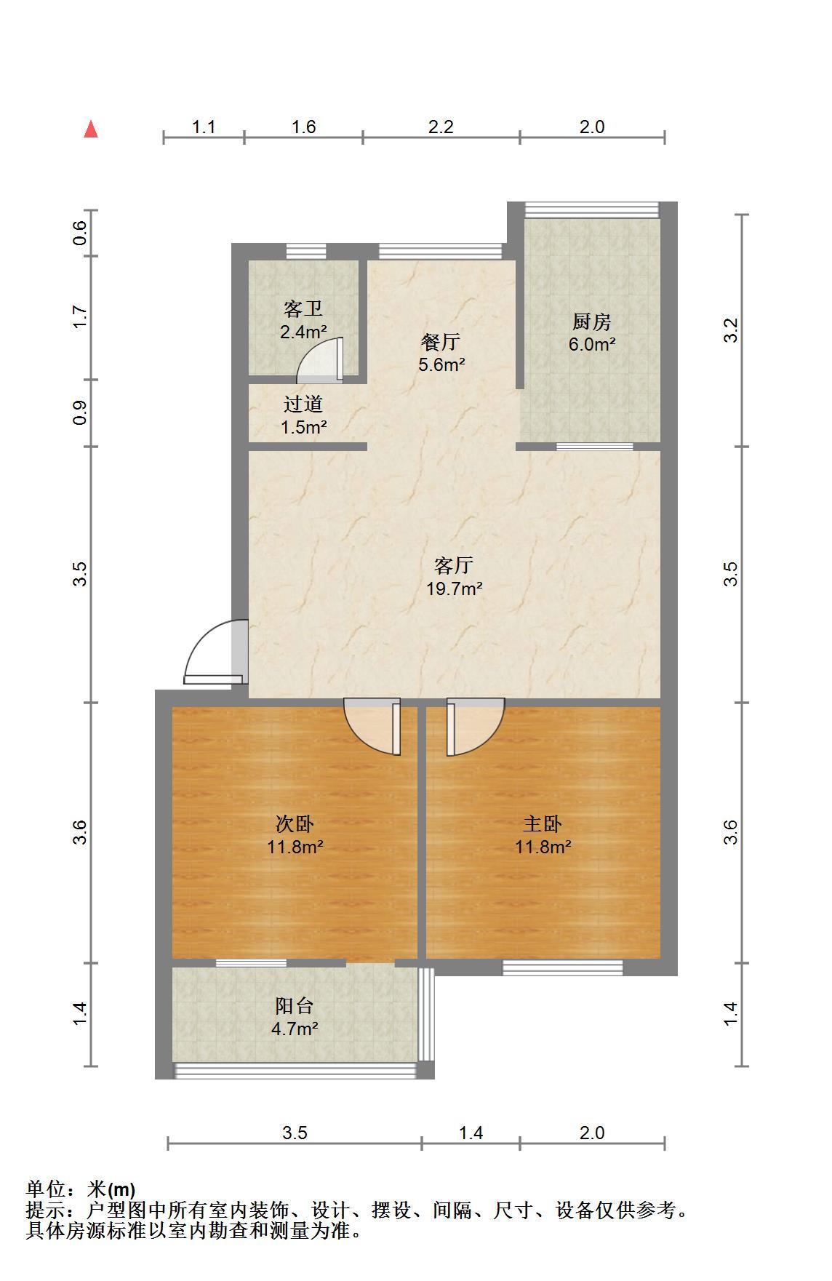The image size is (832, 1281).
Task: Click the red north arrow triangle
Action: point(91,129)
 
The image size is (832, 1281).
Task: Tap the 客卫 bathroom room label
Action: point(303,309)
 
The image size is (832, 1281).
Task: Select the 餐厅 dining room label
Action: point(441,342)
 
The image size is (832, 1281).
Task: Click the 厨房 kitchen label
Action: point(592,322)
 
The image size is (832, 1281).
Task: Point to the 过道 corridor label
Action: point(303,404)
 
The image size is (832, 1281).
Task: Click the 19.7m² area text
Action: point(455,588)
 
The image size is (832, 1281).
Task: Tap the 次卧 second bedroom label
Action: point(295,824)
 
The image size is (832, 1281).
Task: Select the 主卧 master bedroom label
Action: point(543,824)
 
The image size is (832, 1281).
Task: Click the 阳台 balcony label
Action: point(295,1006)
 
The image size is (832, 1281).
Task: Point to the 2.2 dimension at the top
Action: point(441,127)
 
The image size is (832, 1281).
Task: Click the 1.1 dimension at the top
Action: point(204,127)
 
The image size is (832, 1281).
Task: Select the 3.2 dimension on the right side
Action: point(732,331)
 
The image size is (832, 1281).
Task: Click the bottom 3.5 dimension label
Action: point(295,1133)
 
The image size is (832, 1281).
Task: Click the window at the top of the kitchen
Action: point(592,210)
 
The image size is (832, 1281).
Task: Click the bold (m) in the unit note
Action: point(121,1190)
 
